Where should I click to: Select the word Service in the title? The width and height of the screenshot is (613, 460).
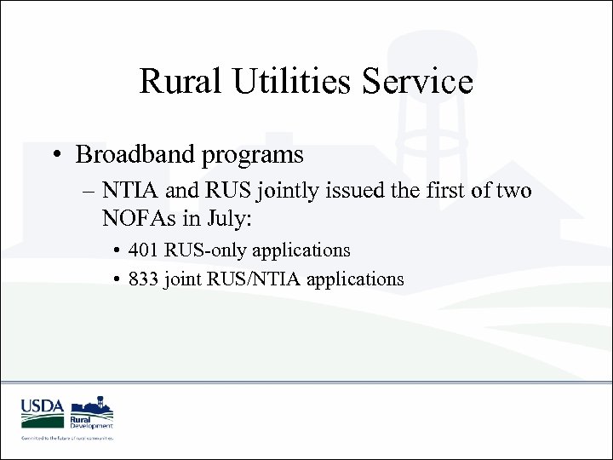(422, 82)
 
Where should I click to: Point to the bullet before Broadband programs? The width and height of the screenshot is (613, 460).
(56, 156)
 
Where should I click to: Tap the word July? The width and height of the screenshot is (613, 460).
(226, 219)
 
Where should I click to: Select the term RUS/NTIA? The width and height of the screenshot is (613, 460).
(256, 279)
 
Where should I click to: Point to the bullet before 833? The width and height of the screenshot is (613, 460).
(117, 279)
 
